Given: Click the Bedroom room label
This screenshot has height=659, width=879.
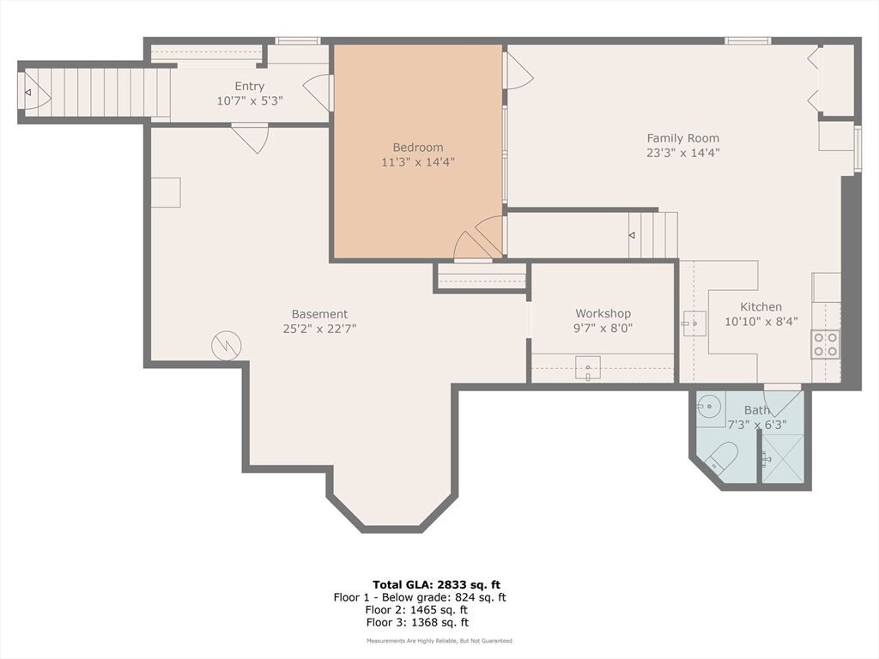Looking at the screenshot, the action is [418, 148].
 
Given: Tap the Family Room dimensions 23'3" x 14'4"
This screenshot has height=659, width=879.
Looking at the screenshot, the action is [682, 153].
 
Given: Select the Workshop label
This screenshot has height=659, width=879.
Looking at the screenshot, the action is [603, 314].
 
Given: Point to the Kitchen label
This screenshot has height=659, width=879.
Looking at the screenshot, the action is [761, 307].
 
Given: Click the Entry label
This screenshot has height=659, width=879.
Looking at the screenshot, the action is [250, 87].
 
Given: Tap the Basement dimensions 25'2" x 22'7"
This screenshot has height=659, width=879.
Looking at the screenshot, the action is [319, 329].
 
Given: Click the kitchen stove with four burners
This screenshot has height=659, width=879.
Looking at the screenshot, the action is [825, 345].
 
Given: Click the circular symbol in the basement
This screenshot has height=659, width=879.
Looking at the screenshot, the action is [227, 346].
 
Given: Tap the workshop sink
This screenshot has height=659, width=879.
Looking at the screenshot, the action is [587, 368].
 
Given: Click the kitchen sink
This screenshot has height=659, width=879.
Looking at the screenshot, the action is [694, 323].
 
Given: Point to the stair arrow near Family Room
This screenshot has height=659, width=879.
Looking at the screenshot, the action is [632, 235].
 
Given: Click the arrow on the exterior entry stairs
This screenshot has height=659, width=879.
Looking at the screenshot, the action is [27, 93].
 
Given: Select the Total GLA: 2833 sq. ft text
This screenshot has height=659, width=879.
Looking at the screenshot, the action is [436, 585].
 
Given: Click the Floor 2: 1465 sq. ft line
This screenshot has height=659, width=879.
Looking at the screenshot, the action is [416, 610].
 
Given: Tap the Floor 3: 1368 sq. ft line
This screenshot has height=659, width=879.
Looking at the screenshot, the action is [417, 622].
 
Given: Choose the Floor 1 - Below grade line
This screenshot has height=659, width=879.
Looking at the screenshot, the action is [419, 597].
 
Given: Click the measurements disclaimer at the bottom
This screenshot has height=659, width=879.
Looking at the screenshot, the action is [439, 640].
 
